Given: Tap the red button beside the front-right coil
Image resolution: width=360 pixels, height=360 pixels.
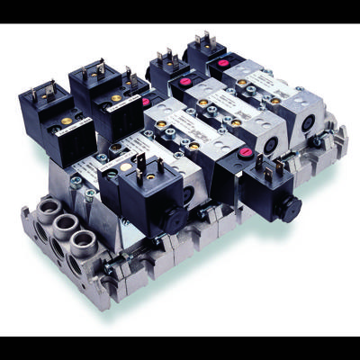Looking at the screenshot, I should (244, 154).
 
